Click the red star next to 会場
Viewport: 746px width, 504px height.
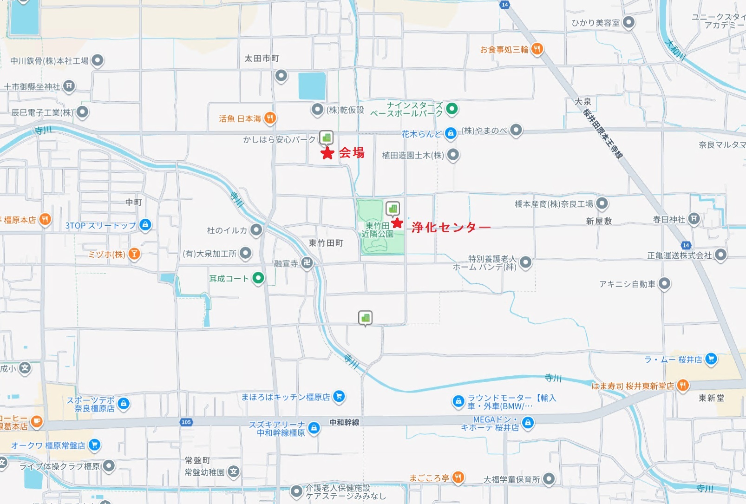327,153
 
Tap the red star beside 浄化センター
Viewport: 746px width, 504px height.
397,223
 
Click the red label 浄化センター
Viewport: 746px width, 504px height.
451,227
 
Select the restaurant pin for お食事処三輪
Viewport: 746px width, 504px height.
537,48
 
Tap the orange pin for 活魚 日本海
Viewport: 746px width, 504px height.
270,118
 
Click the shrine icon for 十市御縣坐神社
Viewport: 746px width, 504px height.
69,86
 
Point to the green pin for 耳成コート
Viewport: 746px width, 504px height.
258,278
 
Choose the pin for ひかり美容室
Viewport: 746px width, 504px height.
628,22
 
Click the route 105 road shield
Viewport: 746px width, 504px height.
186,422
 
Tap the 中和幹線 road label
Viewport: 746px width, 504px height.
344,422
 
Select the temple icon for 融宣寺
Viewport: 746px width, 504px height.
307,263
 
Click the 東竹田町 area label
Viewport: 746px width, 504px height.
326,243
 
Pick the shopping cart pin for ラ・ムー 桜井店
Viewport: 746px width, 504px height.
711,359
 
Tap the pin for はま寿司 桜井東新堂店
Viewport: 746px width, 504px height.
682,385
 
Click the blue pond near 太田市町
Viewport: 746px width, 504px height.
312,86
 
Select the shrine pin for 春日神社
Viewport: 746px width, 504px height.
694,219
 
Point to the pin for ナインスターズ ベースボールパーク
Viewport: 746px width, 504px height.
452,109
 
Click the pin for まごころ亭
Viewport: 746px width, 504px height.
458,477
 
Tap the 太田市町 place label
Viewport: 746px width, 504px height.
262,59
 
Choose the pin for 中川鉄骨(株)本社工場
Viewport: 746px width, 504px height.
97,60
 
